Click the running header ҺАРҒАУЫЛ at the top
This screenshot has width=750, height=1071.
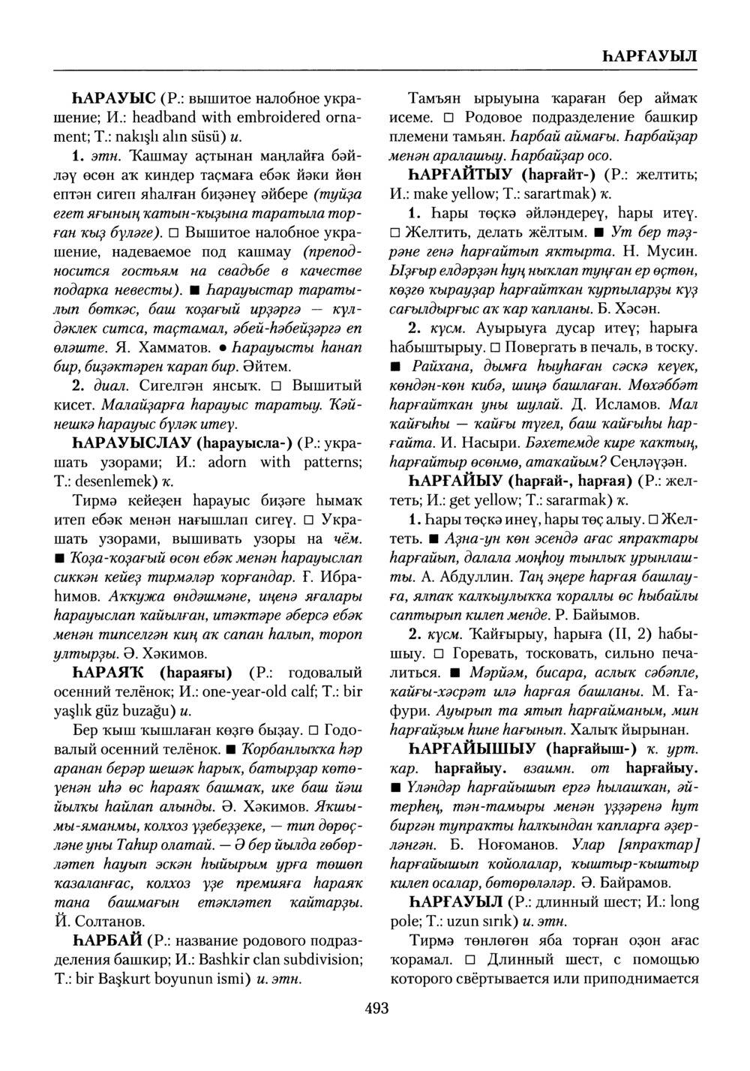click(x=649, y=56)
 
